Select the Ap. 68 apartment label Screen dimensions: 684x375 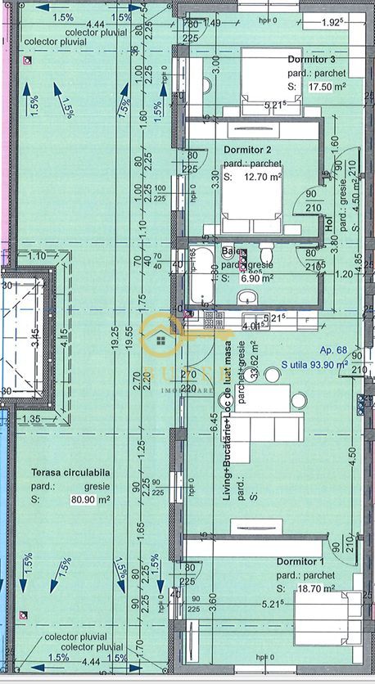333,349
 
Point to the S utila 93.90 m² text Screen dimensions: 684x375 314,365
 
